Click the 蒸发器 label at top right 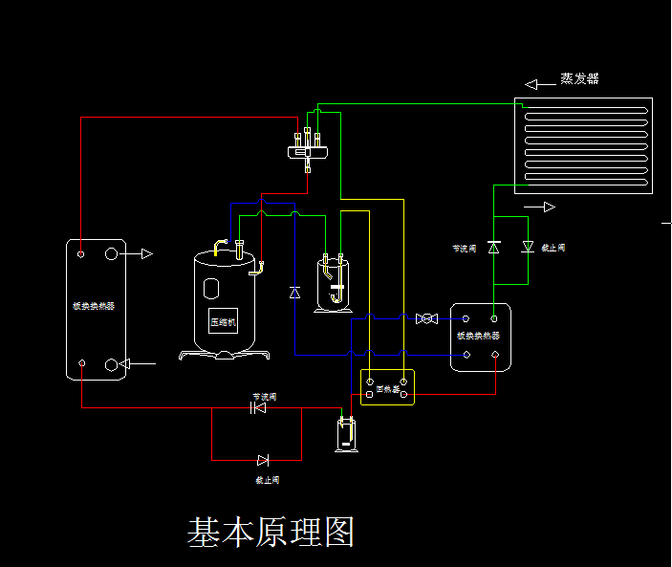point(580,79)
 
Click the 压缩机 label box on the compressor point(223,321)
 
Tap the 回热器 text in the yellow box point(387,389)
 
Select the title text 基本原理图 point(271,533)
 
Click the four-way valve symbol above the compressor point(310,148)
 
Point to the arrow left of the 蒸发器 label point(539,84)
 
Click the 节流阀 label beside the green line point(465,249)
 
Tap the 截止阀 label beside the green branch point(553,248)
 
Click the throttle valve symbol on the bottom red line point(257,408)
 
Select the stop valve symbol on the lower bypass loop point(263,461)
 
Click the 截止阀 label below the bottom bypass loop point(267,479)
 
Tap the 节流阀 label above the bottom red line point(265,396)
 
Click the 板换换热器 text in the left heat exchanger point(94,307)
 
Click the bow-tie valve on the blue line point(426,318)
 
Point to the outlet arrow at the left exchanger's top point(141,254)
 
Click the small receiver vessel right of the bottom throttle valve point(345,436)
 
